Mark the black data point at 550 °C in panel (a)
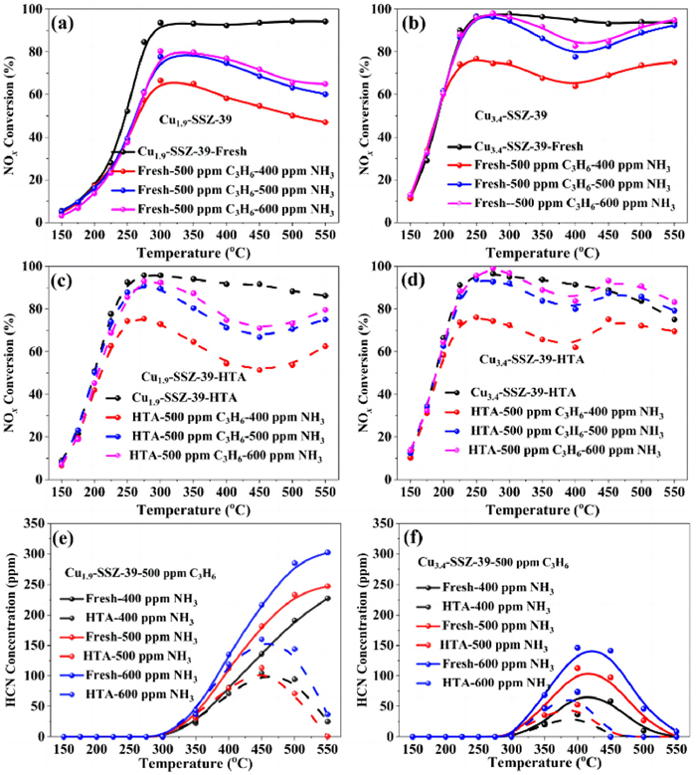tap(327, 22)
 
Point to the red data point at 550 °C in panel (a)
tap(327, 122)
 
